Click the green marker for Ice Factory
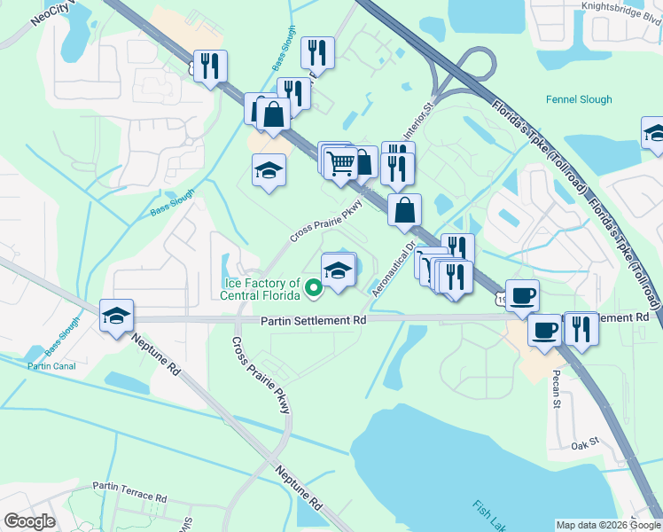[x=313, y=287]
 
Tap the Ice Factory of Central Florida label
[x=262, y=289]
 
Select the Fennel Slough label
[x=579, y=100]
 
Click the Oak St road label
[x=585, y=445]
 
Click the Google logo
[x=29, y=521]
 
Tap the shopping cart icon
[x=341, y=162]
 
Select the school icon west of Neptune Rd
[x=115, y=316]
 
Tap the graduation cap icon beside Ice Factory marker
[x=337, y=270]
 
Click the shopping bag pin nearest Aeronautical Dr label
[x=404, y=210]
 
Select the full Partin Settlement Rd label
[x=313, y=320]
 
